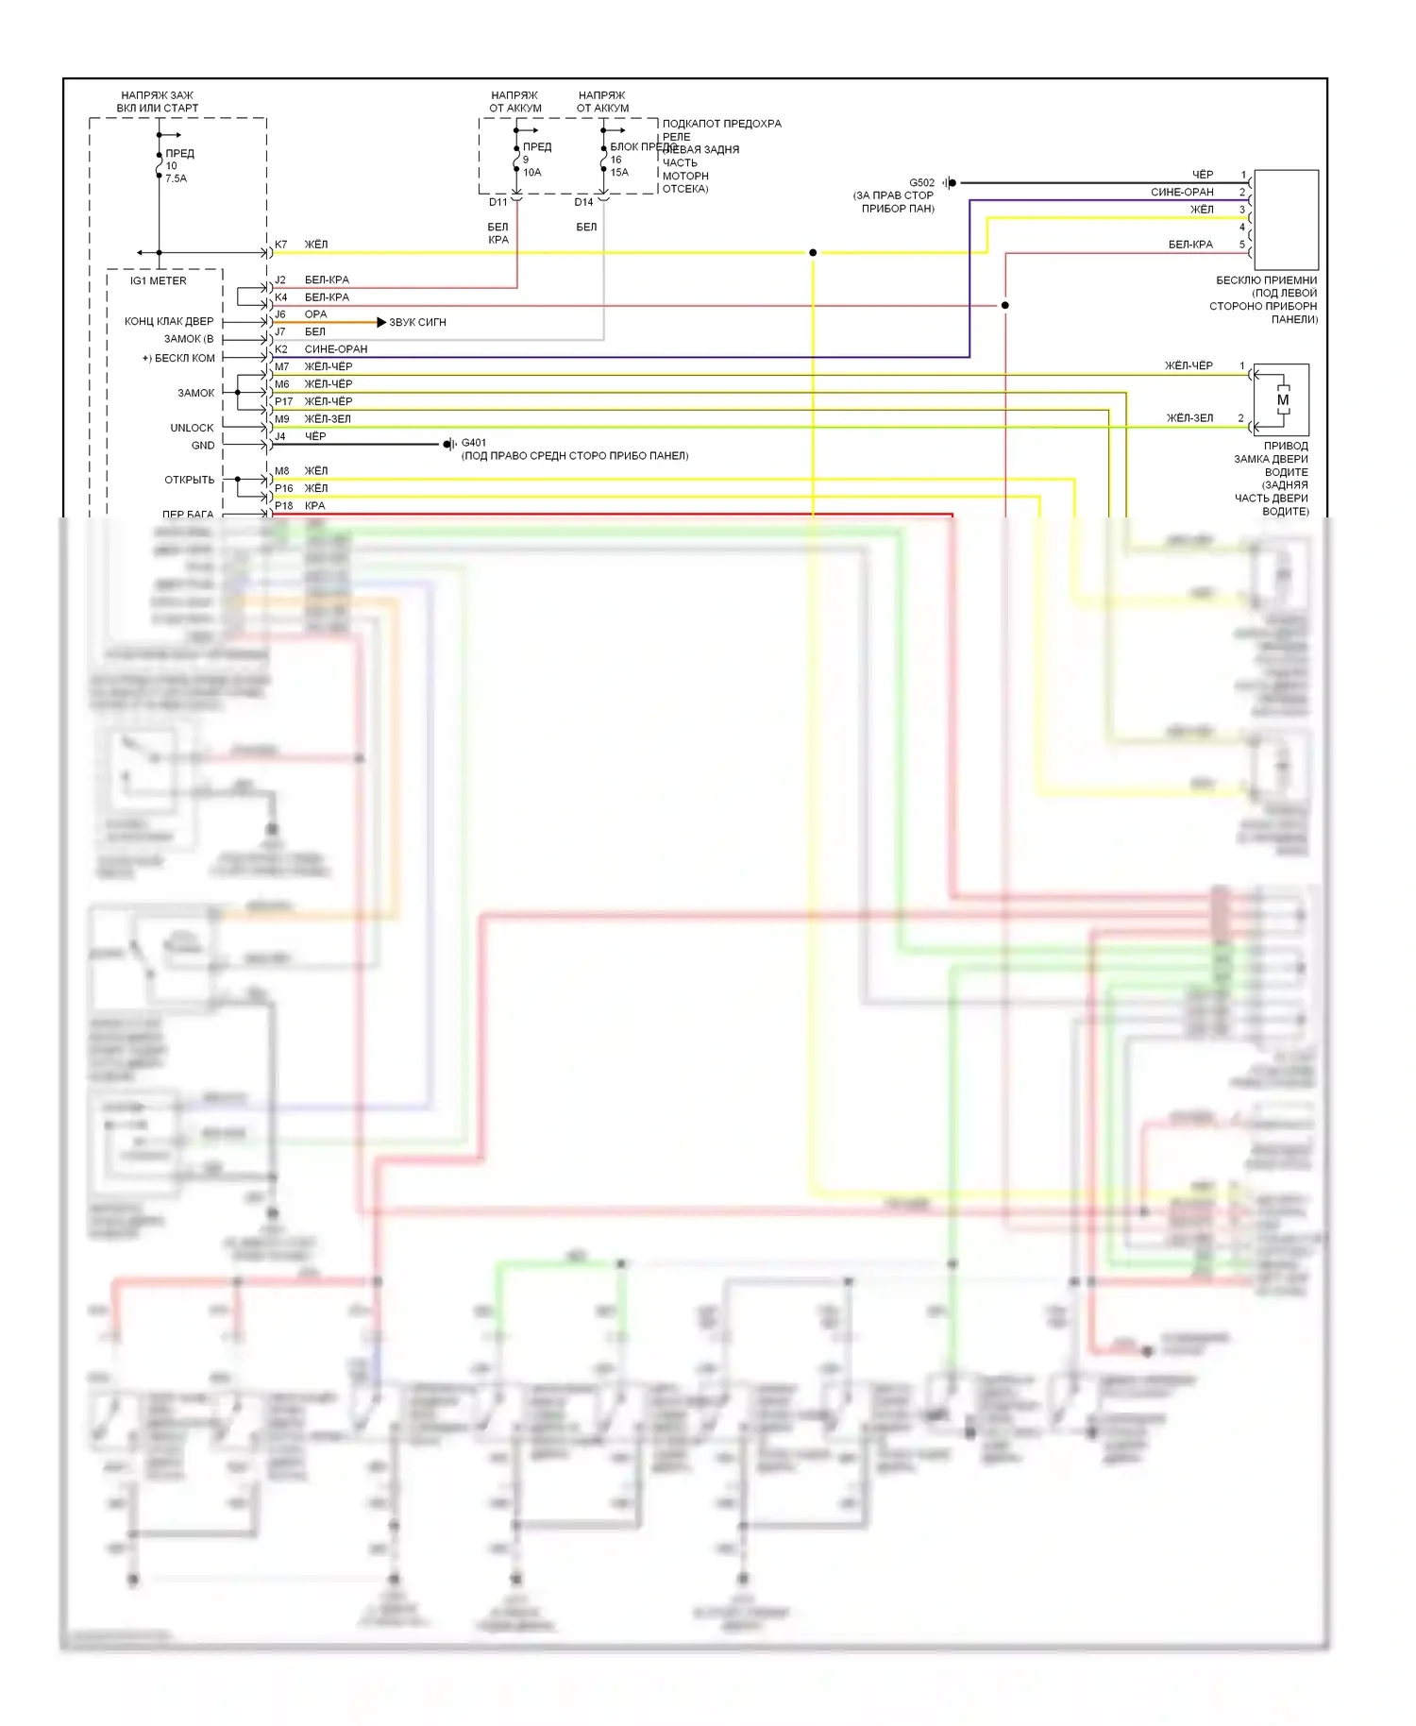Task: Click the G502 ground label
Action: coord(921,183)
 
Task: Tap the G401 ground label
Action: coord(474,443)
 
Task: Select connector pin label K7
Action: coord(280,245)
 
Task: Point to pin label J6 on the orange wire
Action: coord(280,314)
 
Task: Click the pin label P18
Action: coord(283,506)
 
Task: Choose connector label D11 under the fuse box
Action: coord(497,202)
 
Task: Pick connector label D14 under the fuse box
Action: coord(583,202)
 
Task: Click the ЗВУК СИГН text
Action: coord(417,323)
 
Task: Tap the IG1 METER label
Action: coord(159,281)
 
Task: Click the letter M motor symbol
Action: coord(1282,400)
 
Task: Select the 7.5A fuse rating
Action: coord(177,178)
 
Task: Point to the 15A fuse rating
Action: coord(619,173)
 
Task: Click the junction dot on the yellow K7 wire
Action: coord(813,253)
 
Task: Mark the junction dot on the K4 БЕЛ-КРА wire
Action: coord(1004,306)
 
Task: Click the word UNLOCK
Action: coord(192,428)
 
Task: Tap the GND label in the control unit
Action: coord(203,446)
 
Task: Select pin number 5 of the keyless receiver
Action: coord(1242,245)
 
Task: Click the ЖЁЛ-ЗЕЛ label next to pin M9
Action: coord(328,419)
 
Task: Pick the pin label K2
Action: coord(281,349)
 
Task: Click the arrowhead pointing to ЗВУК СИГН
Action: coord(381,323)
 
